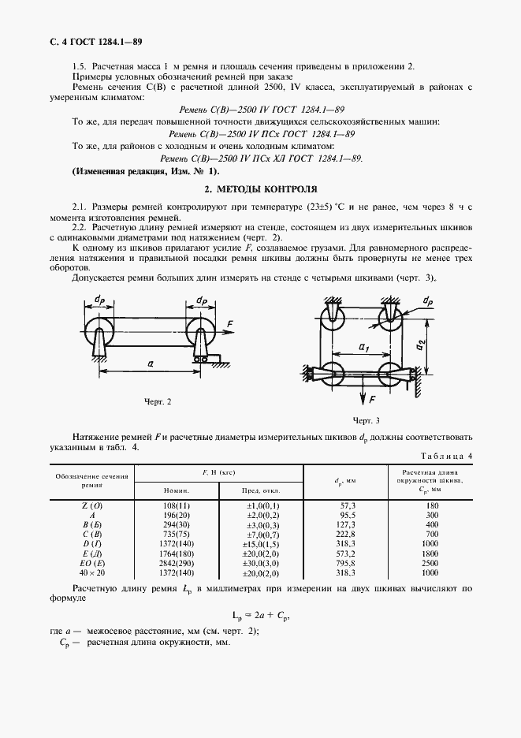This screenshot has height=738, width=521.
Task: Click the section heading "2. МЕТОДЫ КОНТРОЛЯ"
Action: tap(260, 189)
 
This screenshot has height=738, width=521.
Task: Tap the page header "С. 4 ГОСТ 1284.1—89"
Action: tap(96, 40)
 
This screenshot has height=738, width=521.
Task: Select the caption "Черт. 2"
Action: tap(158, 402)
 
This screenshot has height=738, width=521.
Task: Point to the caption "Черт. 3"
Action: tap(367, 419)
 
